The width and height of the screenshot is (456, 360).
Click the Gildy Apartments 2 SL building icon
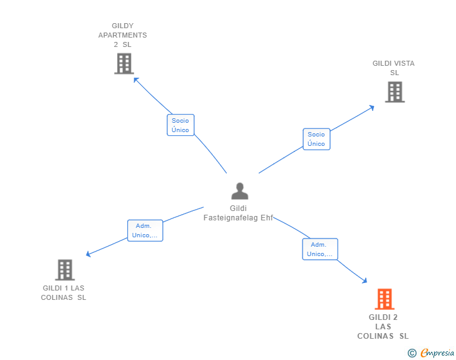(124, 63)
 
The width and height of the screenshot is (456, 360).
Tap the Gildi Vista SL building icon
(394, 92)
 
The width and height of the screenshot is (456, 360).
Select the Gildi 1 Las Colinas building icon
(65, 270)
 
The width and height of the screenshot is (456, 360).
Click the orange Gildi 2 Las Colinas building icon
(384, 299)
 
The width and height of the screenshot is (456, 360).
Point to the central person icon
(239, 191)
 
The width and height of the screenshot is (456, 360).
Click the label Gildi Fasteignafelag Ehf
(239, 213)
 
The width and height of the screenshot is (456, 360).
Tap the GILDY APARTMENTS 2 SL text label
(122, 35)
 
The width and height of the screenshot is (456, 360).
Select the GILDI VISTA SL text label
(393, 68)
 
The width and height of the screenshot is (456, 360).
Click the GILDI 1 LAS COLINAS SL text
(63, 292)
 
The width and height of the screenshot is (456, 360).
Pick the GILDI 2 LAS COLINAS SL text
(383, 326)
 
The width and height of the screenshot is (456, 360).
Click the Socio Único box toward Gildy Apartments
(180, 125)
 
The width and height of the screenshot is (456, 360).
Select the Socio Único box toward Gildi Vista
(316, 139)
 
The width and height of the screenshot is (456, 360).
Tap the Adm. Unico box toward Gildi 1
(145, 230)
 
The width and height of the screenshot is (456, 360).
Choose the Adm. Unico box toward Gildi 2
(319, 249)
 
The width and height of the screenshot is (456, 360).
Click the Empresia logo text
(437, 353)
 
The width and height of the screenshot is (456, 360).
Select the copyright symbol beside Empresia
(412, 353)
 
